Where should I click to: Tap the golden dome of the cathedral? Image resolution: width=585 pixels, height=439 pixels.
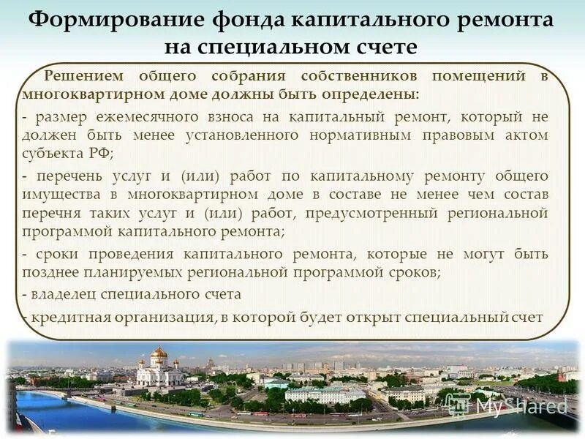159,353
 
